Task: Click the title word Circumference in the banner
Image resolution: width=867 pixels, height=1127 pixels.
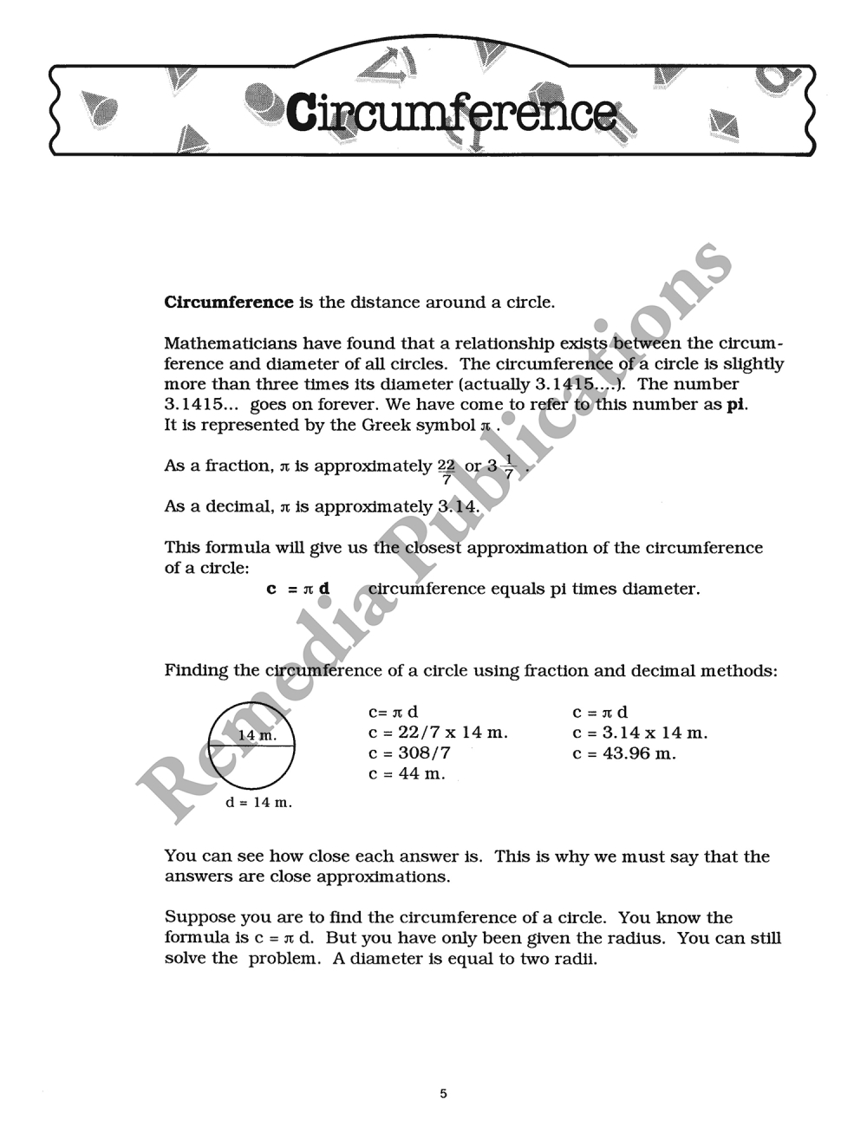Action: tap(451, 113)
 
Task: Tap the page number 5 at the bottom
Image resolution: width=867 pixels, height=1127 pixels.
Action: tap(443, 1093)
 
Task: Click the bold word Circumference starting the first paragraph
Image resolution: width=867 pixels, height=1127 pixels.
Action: tap(229, 303)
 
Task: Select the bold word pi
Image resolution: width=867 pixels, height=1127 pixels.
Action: tap(736, 405)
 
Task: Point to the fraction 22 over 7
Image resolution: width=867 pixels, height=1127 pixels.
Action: tap(447, 471)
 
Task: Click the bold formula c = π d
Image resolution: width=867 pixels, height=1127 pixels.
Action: tap(298, 590)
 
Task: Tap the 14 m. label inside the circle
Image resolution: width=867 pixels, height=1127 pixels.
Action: tap(257, 735)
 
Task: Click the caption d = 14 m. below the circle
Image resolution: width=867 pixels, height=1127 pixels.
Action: tap(258, 803)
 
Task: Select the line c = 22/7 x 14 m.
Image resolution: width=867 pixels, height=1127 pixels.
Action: tap(438, 733)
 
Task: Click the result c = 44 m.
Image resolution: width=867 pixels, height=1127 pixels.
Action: tap(407, 774)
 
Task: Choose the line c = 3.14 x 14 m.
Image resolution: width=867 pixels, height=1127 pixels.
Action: tap(640, 733)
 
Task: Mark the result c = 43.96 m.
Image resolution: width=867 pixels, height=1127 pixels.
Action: tap(624, 753)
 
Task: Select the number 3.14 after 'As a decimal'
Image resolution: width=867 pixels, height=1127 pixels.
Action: tap(458, 507)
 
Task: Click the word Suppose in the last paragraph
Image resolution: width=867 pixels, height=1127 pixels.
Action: tap(197, 918)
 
